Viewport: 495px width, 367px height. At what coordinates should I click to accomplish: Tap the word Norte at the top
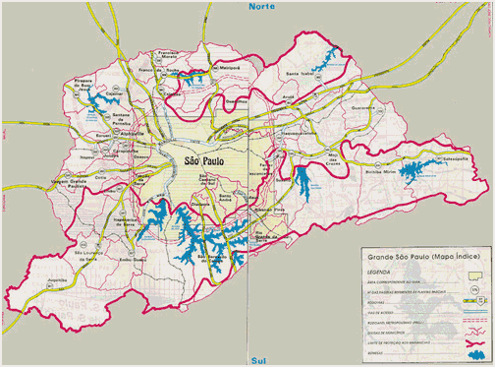pos(262,6)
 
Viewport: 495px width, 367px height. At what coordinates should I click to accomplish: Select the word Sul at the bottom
pos(260,360)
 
